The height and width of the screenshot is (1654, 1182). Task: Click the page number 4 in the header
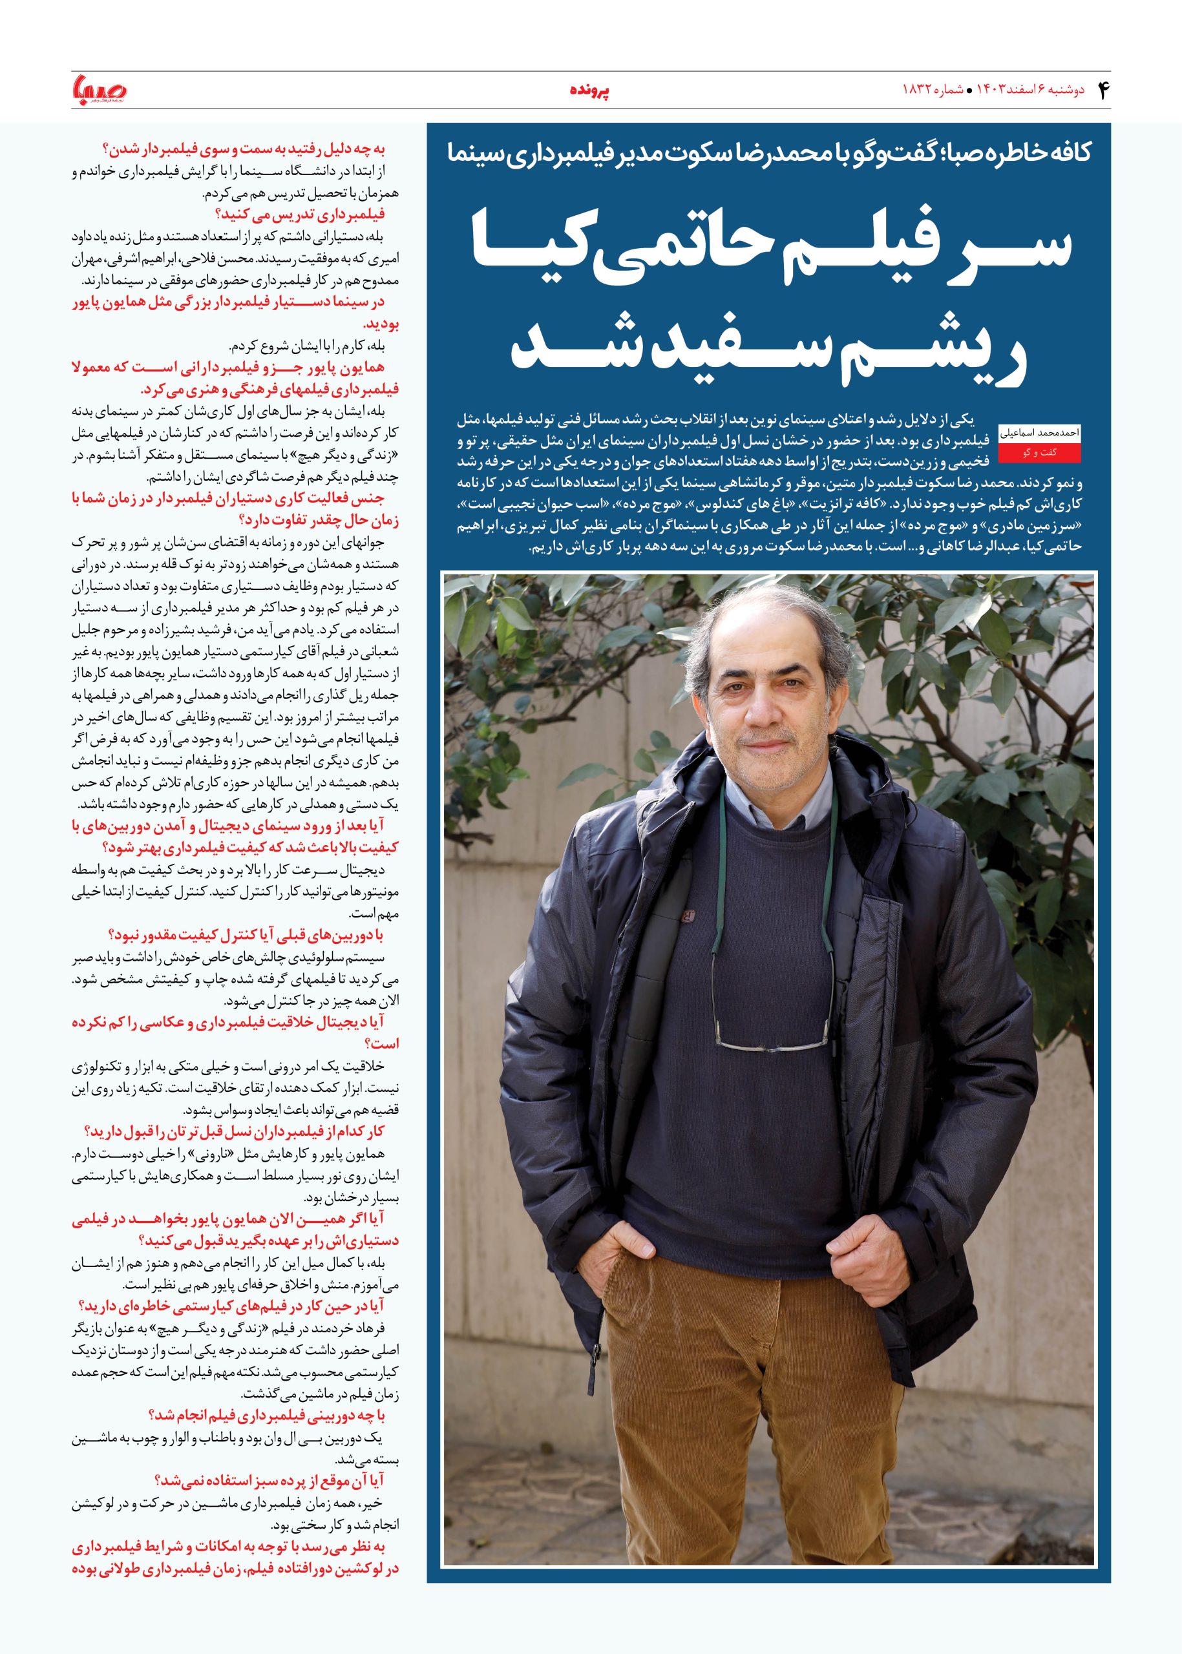(x=1101, y=90)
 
